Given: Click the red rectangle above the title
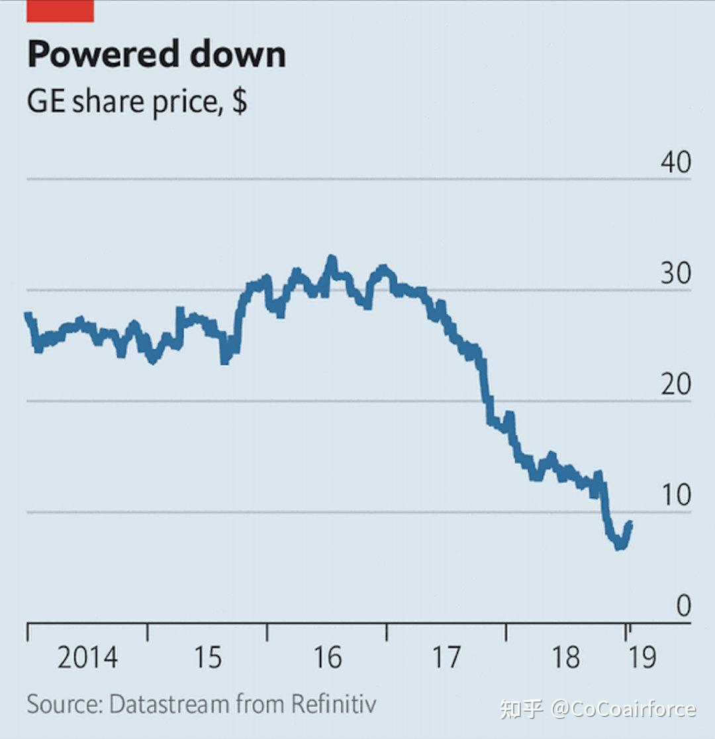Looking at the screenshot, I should [x=60, y=11].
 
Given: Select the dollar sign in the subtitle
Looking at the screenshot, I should [x=240, y=103].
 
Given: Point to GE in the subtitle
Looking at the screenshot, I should [x=46, y=103].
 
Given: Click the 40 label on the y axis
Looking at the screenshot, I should [x=675, y=163].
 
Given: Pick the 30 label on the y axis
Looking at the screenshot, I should [x=675, y=274].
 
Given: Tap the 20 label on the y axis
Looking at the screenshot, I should [x=675, y=384].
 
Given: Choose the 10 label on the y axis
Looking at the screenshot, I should [x=675, y=495].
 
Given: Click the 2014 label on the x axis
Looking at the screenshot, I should [x=87, y=658].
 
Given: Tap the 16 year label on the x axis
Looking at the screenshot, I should [x=327, y=658].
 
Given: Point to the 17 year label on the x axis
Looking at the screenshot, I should [x=446, y=658].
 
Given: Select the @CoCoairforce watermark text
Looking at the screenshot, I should [x=623, y=709].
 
